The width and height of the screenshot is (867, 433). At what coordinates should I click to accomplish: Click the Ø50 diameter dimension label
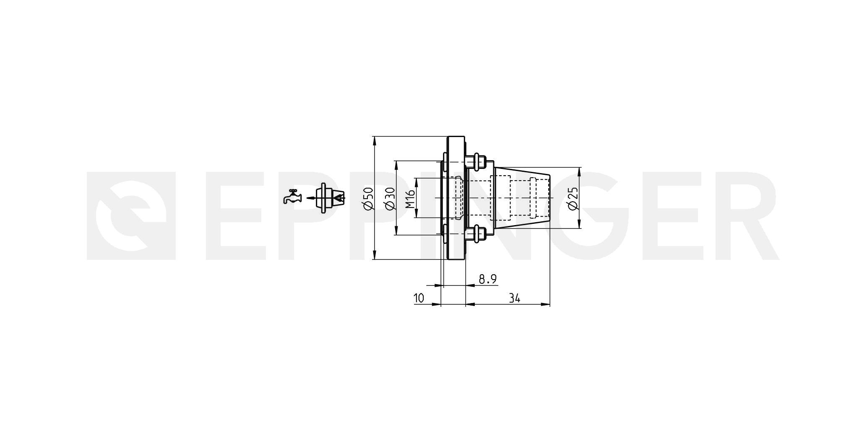(x=368, y=198)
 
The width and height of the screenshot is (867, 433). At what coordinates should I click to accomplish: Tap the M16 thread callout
(x=410, y=199)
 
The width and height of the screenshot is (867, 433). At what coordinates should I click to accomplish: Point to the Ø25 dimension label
(x=573, y=198)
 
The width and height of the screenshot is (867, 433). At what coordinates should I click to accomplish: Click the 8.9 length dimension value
(x=488, y=279)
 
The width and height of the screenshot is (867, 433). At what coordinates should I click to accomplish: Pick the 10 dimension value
(x=419, y=298)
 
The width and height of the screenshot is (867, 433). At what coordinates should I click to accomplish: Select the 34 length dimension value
(x=515, y=298)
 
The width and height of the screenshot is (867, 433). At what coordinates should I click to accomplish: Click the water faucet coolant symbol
(x=292, y=197)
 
